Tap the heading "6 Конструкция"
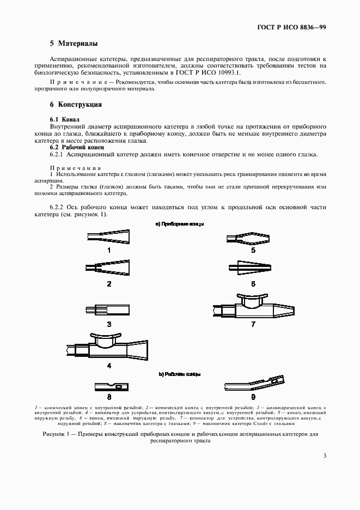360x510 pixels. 76,104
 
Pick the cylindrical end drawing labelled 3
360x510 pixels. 107,310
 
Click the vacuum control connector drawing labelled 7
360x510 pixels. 253,308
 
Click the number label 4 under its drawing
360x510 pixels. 109,366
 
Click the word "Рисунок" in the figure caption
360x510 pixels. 54,434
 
